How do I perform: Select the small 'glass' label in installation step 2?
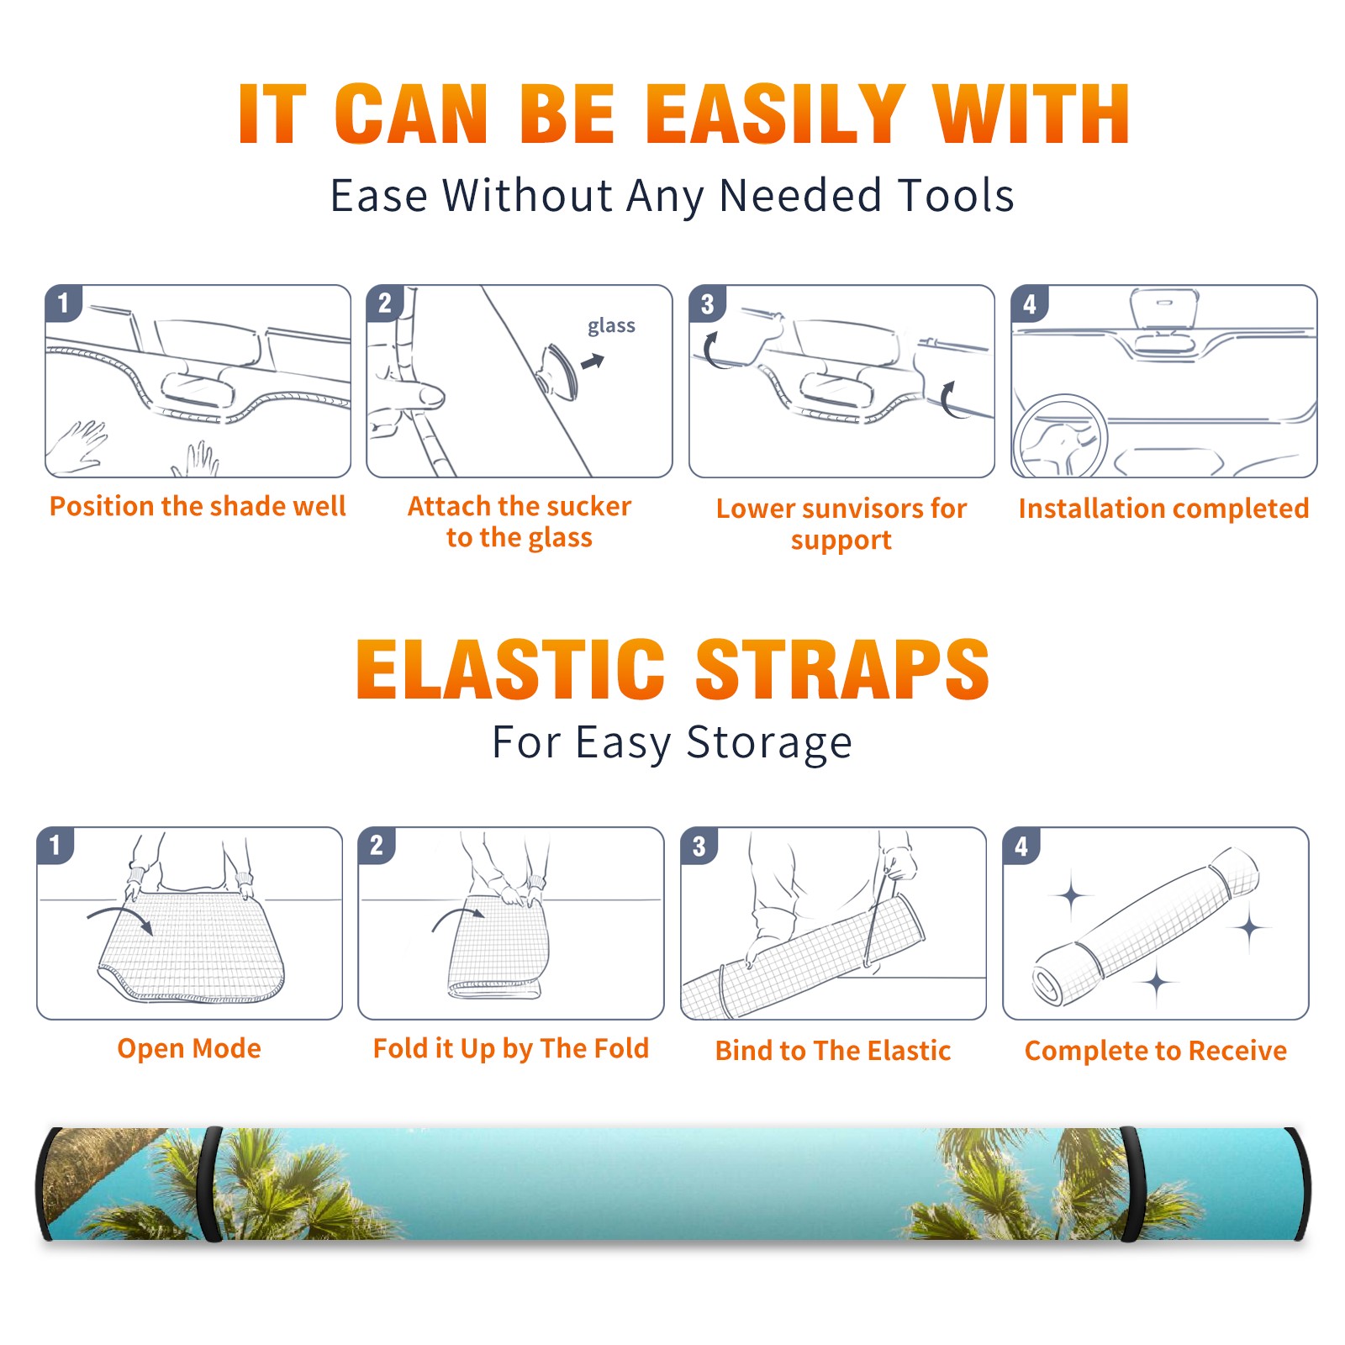click(611, 325)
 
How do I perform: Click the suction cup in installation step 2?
click(560, 370)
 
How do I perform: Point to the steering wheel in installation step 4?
click(1059, 437)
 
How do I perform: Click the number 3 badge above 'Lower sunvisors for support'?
click(707, 303)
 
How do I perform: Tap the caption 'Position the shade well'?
click(198, 506)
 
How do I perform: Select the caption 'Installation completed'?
click(1163, 508)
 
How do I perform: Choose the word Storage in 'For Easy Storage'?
click(769, 743)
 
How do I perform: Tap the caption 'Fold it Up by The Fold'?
click(511, 1048)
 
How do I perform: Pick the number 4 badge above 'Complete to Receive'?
click(1021, 846)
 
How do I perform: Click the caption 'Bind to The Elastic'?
click(833, 1050)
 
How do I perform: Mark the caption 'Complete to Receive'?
click(1156, 1050)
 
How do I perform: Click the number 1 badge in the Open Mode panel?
click(55, 845)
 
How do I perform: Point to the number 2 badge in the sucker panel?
click(385, 303)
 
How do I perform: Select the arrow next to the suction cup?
click(593, 361)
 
